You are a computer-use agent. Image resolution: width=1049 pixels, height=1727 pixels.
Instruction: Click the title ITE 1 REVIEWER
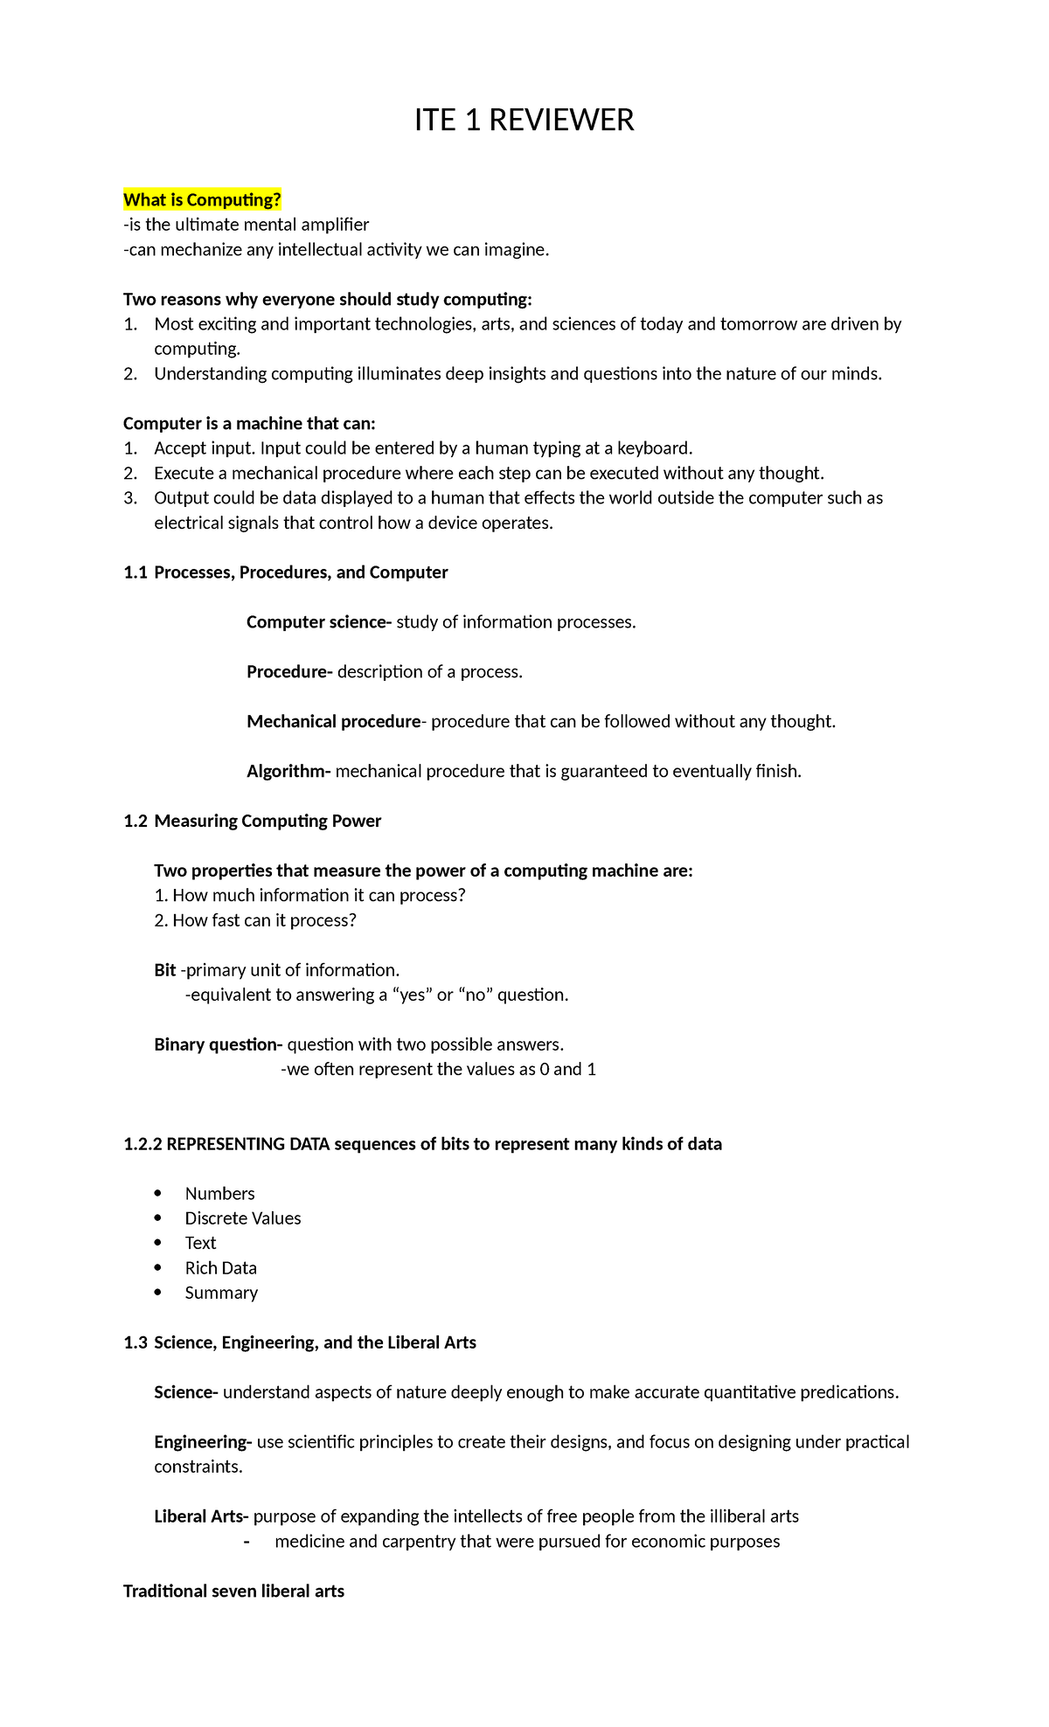[524, 120]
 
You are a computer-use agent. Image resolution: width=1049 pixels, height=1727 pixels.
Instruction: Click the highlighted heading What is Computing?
[202, 200]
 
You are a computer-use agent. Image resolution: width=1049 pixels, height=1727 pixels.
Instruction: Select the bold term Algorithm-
[288, 771]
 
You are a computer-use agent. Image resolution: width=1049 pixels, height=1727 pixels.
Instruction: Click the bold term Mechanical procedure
[333, 722]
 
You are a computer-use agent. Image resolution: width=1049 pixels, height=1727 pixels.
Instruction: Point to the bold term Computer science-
[319, 622]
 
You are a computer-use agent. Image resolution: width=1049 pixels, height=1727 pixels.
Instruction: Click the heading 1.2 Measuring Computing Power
[253, 821]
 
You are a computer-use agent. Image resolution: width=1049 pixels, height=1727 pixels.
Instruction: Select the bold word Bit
[165, 970]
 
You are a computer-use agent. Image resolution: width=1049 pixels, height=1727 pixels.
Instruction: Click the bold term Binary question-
[218, 1044]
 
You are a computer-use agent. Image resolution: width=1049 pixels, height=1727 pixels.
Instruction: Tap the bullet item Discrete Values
[242, 1218]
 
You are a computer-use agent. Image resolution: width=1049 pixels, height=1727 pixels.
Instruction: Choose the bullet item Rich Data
[220, 1268]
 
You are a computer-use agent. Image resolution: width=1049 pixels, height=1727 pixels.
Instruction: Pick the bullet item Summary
[221, 1293]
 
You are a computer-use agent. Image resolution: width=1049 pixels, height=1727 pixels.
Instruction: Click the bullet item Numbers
[219, 1194]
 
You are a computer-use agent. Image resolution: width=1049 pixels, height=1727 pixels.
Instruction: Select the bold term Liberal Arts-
[201, 1516]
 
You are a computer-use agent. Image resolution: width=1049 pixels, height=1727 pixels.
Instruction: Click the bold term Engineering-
[203, 1442]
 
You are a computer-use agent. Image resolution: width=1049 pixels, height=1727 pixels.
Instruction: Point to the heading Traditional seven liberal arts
[233, 1591]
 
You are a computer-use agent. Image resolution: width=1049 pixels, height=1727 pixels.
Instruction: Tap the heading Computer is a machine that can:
[249, 424]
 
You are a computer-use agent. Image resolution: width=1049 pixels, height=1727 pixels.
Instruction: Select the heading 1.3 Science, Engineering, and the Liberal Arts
[300, 1342]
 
